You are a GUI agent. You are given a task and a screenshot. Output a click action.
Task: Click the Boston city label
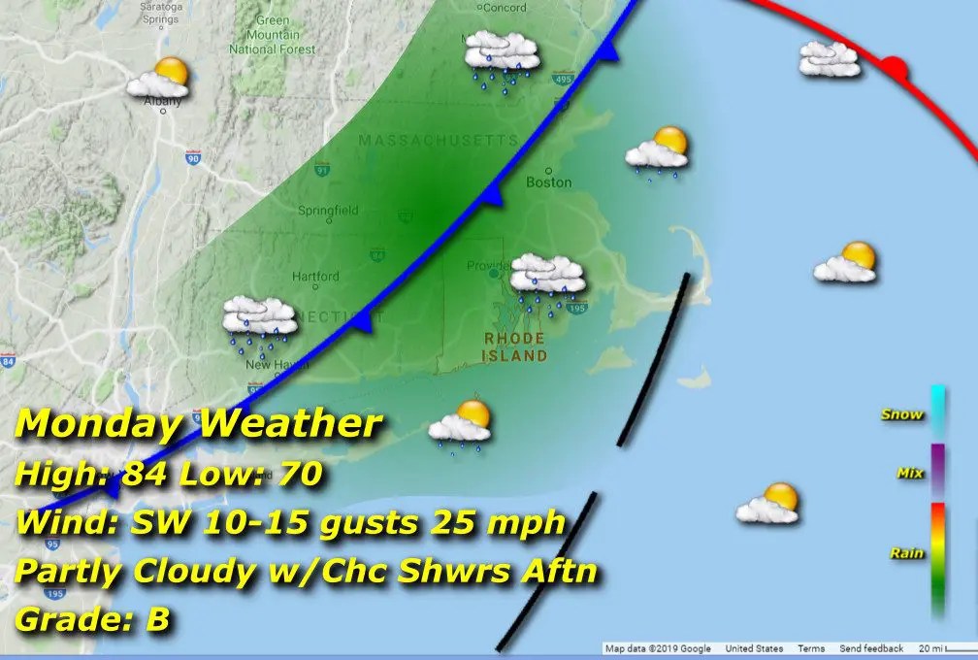548,181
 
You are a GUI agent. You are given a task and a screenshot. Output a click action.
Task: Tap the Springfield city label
328,210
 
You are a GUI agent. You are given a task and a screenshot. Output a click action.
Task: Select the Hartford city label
316,276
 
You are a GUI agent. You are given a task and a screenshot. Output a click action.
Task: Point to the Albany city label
155,100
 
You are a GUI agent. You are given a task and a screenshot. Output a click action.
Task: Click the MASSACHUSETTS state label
439,141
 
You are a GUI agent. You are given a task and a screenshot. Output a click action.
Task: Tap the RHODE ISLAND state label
515,346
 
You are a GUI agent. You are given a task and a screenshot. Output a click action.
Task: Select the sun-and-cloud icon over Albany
159,77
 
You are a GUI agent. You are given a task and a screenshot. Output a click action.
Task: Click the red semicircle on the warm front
895,69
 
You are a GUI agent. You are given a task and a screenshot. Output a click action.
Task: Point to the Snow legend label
901,414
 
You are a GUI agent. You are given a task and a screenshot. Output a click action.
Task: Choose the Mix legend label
908,474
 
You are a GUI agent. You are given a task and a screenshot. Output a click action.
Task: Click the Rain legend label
906,553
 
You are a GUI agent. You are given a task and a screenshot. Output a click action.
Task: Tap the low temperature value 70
296,476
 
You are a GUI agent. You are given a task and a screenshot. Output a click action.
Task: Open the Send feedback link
871,648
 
